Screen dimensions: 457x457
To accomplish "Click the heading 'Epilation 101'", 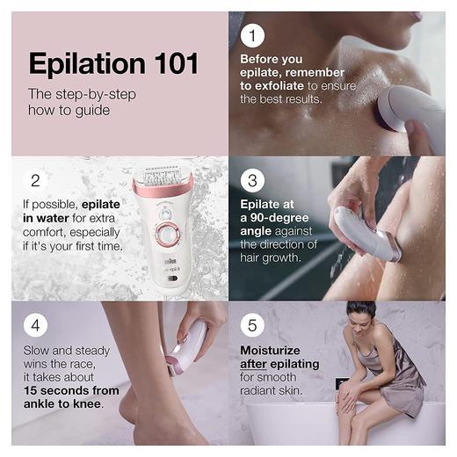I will coord(113,63).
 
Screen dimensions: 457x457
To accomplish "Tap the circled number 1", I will coord(253,36).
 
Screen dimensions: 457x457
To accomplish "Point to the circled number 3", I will coord(253,182).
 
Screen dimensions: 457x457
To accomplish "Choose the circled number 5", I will coord(253,326).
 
